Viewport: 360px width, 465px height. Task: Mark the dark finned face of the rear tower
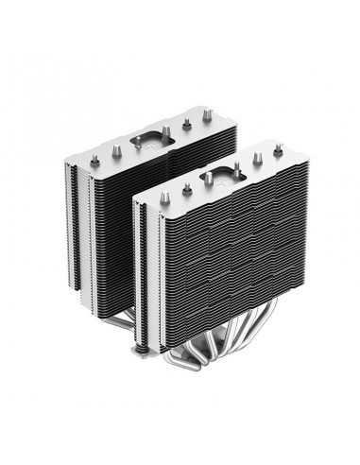pyautogui.click(x=104, y=217)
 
